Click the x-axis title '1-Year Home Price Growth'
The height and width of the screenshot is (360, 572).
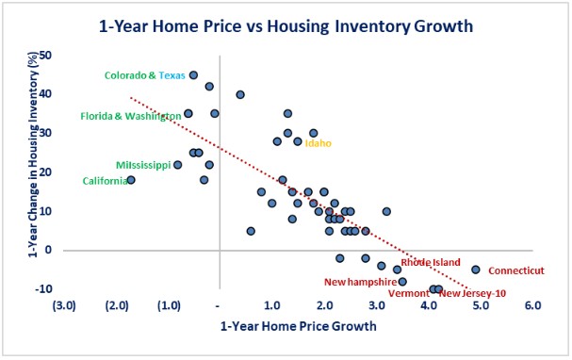(298, 327)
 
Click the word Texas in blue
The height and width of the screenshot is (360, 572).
(172, 75)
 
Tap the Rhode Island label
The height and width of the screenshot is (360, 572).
(431, 263)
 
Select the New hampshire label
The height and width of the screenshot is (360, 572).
(358, 281)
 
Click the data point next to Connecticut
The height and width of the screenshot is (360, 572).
(476, 270)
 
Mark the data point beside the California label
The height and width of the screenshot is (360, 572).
(131, 179)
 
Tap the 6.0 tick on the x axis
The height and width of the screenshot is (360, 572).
(533, 305)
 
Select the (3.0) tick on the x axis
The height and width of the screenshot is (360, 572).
(64, 305)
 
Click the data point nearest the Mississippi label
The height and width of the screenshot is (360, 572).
(177, 165)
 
